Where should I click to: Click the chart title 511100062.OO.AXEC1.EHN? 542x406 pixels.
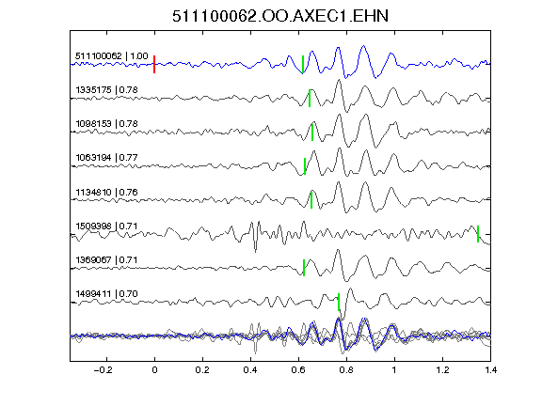[280, 16]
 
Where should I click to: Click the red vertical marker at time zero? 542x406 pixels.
[154, 64]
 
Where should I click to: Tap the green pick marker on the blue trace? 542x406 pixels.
[303, 64]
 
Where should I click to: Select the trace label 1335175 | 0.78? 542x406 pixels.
[107, 90]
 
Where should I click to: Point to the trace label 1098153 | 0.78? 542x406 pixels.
[107, 124]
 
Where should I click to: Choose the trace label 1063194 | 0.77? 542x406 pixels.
[107, 158]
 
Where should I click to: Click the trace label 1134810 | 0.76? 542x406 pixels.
[107, 192]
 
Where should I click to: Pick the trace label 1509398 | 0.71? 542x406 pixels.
[107, 226]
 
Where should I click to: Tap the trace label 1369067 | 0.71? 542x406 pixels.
[107, 259]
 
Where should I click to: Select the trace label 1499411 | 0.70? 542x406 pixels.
[107, 294]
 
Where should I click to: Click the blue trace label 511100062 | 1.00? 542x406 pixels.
[112, 56]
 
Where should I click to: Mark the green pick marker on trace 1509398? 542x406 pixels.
[478, 234]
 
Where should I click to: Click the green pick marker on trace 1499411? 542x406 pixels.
[339, 302]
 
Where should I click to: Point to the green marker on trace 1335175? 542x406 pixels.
[310, 98]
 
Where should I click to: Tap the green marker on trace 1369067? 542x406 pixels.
[304, 268]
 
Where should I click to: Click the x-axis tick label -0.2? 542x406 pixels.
[104, 370]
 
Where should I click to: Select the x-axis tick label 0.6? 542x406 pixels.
[298, 370]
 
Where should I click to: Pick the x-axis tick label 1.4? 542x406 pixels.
[490, 370]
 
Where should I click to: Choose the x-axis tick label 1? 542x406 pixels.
[394, 370]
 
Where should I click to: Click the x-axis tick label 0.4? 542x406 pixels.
[250, 370]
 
